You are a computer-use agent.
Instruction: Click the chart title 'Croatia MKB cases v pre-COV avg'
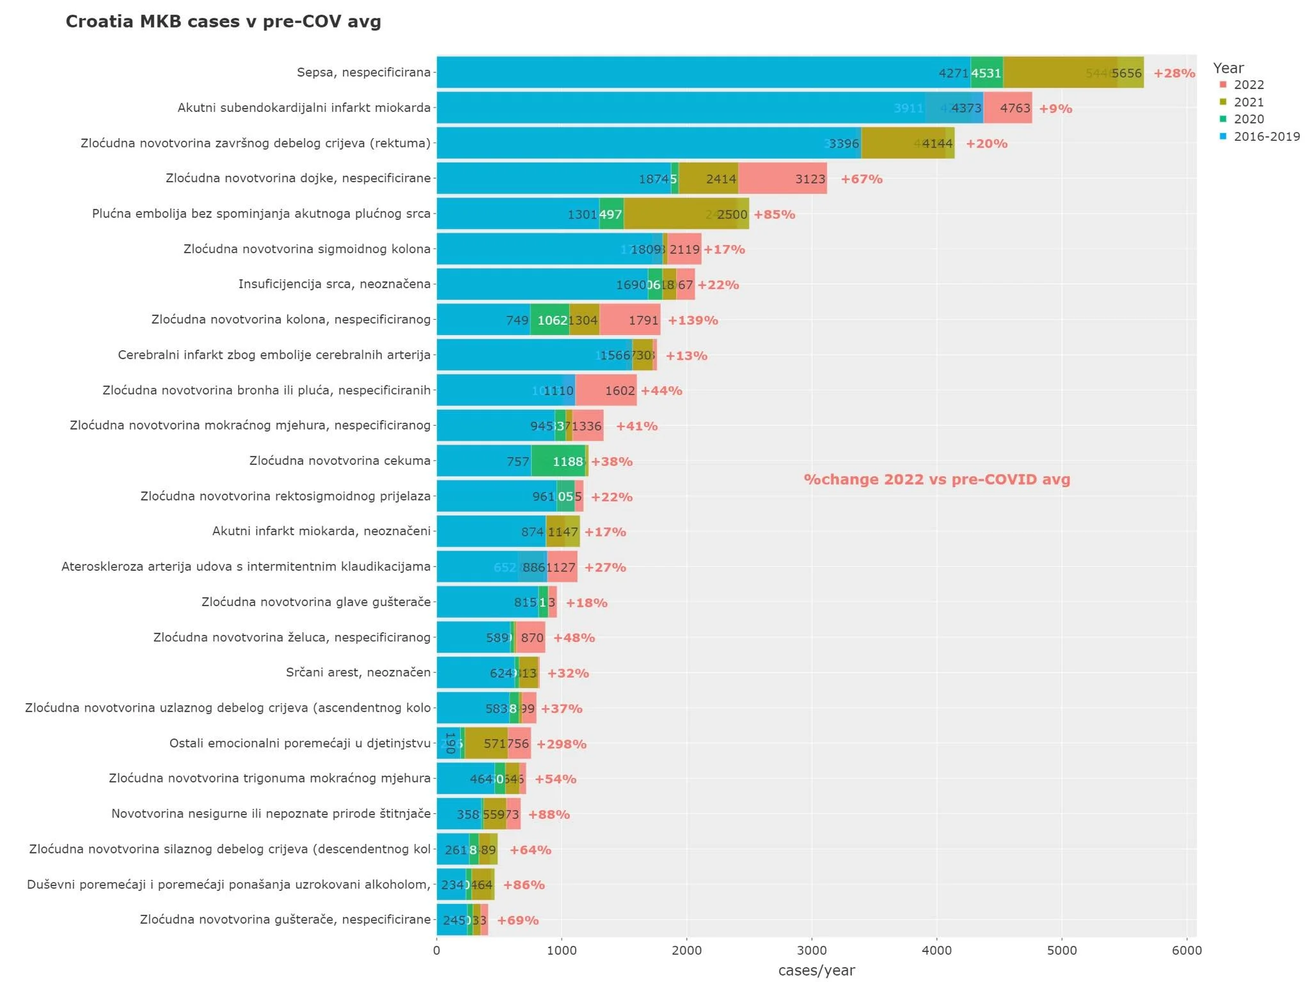[223, 22]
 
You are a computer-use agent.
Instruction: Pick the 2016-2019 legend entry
[1266, 136]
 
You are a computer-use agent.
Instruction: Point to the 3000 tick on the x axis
[812, 951]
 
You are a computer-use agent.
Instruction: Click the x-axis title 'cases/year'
[816, 970]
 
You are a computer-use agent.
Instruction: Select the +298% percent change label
[561, 744]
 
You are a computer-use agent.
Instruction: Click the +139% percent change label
[693, 320]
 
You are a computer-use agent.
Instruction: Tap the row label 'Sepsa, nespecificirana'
[363, 72]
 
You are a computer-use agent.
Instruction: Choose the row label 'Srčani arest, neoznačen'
[358, 673]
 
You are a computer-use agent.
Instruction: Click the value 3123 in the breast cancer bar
[810, 179]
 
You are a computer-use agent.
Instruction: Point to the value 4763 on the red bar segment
[1014, 109]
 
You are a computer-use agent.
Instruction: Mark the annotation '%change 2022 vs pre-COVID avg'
[936, 479]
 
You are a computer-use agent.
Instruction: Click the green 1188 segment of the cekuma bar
[567, 462]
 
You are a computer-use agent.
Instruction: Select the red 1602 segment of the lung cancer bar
[619, 391]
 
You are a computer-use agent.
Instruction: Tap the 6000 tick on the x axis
[1187, 951]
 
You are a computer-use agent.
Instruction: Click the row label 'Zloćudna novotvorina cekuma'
[340, 461]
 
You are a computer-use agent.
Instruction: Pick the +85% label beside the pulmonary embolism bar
[774, 215]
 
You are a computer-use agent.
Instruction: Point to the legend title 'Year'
[1228, 68]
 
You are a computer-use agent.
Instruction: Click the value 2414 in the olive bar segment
[721, 179]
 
